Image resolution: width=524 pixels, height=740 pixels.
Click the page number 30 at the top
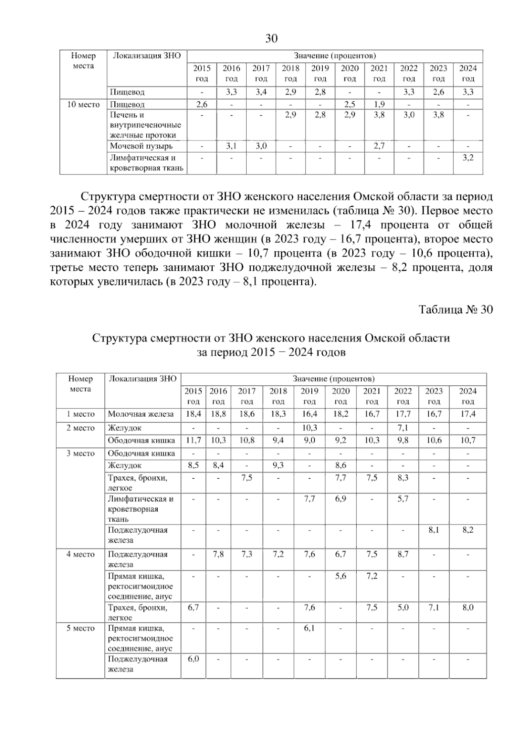(271, 39)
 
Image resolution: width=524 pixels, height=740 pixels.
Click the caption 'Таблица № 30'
(456, 309)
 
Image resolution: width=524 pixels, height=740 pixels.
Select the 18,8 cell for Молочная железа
(218, 414)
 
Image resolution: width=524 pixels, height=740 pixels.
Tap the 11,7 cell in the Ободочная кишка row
(193, 440)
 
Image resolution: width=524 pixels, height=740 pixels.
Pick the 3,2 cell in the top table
(468, 158)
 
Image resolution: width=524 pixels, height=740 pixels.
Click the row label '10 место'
(83, 105)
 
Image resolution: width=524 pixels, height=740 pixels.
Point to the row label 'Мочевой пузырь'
(141, 146)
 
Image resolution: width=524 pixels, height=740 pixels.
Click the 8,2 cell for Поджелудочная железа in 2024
(468, 530)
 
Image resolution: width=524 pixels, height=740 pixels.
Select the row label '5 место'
(80, 628)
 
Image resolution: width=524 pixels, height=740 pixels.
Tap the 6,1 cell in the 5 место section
(309, 628)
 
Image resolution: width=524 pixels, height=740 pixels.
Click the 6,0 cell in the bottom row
(193, 659)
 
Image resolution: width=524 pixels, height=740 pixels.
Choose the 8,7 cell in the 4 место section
(403, 554)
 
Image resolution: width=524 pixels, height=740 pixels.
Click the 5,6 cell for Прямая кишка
(341, 576)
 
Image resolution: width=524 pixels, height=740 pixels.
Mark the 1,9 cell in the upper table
(379, 105)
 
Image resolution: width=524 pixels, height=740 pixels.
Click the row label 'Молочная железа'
(141, 414)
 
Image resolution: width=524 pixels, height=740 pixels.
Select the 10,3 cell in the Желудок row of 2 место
(309, 428)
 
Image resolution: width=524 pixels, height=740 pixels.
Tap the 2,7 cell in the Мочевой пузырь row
(379, 146)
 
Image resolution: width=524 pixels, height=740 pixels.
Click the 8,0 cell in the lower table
(468, 607)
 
